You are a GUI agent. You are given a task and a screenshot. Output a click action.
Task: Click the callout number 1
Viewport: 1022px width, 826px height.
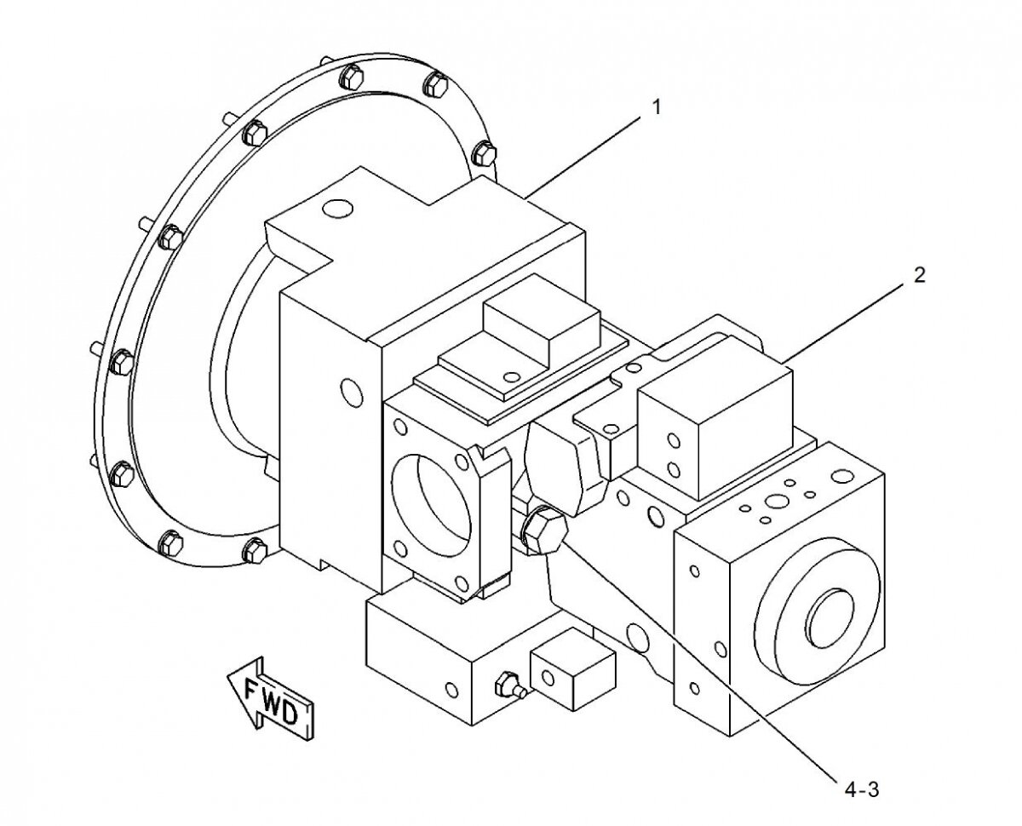point(657,107)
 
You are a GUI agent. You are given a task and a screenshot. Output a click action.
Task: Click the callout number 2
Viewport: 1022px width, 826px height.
point(917,275)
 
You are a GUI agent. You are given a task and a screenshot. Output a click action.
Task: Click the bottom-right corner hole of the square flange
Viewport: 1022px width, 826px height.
point(461,582)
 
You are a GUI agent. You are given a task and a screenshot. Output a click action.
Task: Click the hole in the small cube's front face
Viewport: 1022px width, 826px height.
point(547,678)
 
